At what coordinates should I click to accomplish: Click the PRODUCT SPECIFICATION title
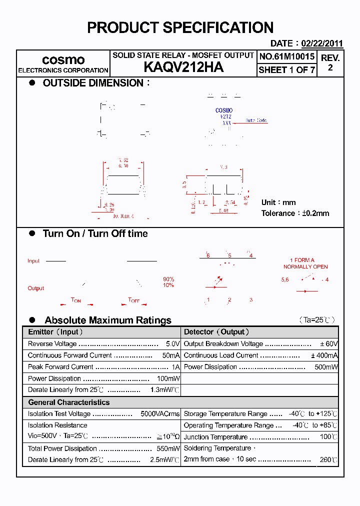click(180, 27)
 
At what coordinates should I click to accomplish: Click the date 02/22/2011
click(322, 43)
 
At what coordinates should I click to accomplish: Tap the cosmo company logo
click(63, 60)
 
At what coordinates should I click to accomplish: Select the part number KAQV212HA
click(183, 67)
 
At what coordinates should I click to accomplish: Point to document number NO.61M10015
click(287, 57)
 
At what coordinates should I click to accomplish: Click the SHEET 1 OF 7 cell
click(287, 70)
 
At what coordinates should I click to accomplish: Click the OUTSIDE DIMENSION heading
click(93, 83)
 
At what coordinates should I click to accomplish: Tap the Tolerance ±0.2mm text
click(295, 213)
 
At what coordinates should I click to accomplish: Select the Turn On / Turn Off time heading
click(95, 233)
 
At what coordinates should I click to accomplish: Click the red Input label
click(33, 261)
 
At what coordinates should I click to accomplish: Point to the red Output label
click(35, 288)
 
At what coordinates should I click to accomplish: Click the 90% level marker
click(168, 279)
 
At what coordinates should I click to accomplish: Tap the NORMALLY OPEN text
click(305, 266)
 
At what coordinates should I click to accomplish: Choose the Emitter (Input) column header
click(55, 332)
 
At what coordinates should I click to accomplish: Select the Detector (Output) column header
click(216, 332)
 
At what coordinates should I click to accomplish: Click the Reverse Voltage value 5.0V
click(172, 344)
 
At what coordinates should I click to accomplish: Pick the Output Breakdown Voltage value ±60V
click(329, 344)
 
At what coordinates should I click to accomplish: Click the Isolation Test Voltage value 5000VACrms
click(160, 414)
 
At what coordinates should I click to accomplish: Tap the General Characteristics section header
click(68, 402)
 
